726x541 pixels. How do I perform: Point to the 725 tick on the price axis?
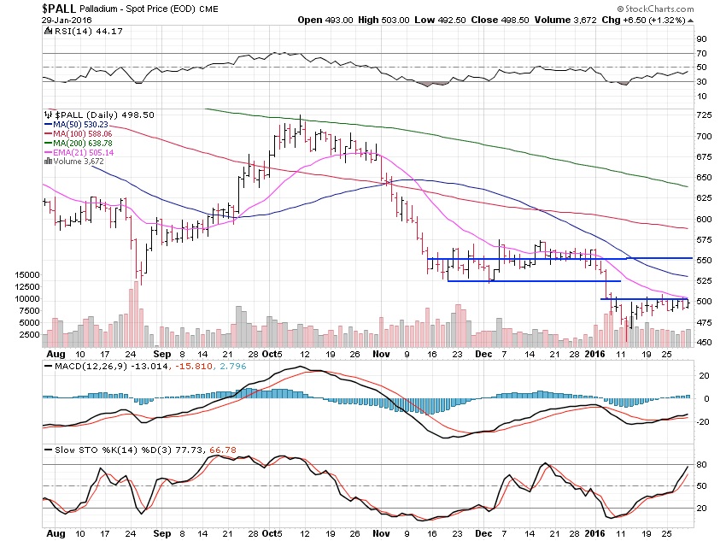pyautogui.click(x=704, y=115)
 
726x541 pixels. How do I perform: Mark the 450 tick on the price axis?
pyautogui.click(x=704, y=343)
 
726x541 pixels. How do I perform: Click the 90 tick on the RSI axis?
pyautogui.click(x=700, y=38)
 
